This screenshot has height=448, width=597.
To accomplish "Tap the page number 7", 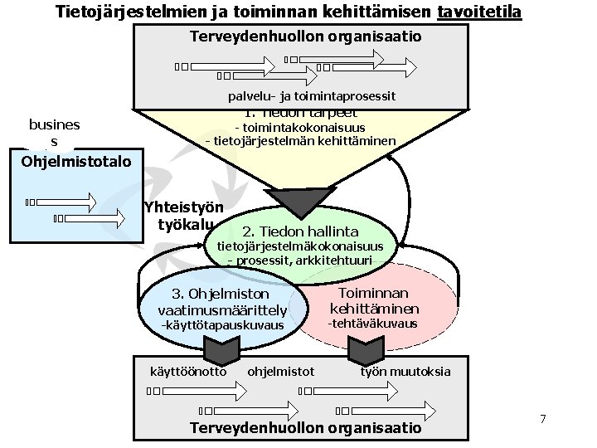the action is (543, 419).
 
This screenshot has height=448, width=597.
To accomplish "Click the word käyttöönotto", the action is (187, 371).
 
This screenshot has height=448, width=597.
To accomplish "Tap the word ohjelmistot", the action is (281, 371).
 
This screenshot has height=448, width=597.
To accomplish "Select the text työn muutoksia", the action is (405, 371).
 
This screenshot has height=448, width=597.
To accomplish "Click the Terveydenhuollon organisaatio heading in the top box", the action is (306, 37).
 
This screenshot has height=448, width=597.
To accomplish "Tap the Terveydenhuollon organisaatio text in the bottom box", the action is (306, 428).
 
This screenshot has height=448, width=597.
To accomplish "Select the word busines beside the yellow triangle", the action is (55, 124).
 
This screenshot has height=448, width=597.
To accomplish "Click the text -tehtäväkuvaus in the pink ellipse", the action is (373, 324).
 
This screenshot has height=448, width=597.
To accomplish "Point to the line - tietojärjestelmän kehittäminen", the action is (300, 141).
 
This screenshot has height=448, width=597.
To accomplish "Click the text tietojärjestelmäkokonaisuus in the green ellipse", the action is (300, 246).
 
